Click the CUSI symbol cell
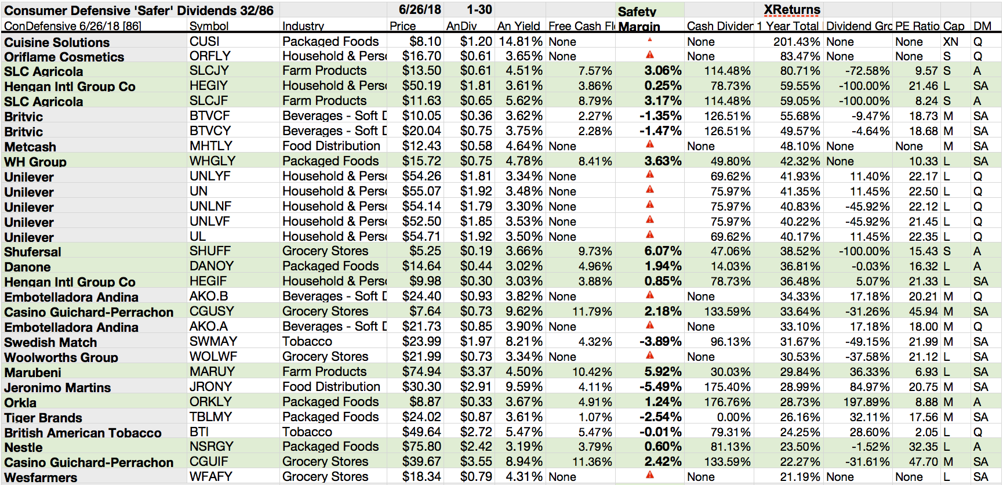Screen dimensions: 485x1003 click(x=204, y=42)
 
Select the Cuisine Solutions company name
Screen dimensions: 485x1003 click(x=57, y=42)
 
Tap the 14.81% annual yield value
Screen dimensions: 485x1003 click(x=521, y=42)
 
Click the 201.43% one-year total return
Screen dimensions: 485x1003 click(x=797, y=42)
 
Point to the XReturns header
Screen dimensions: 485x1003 click(x=792, y=10)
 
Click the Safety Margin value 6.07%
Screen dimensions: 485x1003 click(x=663, y=251)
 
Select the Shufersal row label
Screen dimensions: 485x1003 click(x=32, y=252)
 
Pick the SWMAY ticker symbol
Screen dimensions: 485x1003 click(x=213, y=342)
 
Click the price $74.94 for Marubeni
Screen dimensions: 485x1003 click(x=421, y=372)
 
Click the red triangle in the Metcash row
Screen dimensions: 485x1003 click(x=650, y=144)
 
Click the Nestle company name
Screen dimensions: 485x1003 click(x=23, y=448)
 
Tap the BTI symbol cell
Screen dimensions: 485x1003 click(x=199, y=432)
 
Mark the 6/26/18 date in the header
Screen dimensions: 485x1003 click(x=420, y=10)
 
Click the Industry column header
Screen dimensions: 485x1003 click(x=303, y=26)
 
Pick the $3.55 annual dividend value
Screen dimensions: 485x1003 click(x=476, y=462)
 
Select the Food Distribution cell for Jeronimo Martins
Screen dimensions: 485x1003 click(x=331, y=387)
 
